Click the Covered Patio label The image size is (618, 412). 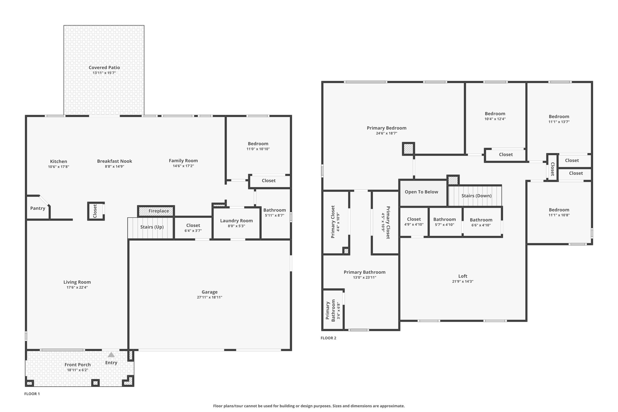tap(104, 68)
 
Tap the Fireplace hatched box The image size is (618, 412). tap(156, 211)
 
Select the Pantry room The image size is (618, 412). tap(38, 208)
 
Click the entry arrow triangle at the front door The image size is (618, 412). tap(111, 355)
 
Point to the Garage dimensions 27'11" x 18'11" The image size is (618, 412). tap(209, 297)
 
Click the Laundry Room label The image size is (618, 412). tap(236, 221)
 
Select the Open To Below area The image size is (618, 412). tap(421, 192)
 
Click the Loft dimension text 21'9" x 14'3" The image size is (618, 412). tap(463, 281)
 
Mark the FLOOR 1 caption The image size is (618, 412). tap(32, 394)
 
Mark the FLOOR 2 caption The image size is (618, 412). tap(328, 338)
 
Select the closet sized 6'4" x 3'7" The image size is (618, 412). tap(193, 228)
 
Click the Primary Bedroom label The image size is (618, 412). tap(387, 128)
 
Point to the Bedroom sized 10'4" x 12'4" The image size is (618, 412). tap(495, 116)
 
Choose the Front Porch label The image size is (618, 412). tap(78, 365)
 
